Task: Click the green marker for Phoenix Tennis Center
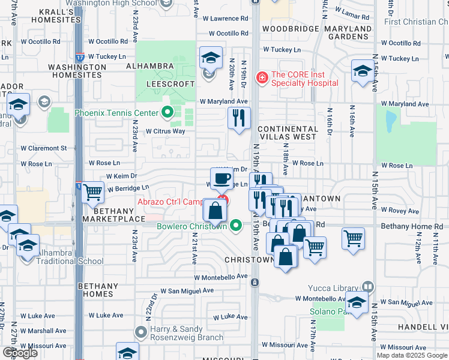[167, 112]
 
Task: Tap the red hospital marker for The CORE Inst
[262, 77]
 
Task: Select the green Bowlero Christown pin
[236, 226]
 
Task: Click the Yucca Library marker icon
[368, 287]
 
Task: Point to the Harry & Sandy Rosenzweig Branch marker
[142, 332]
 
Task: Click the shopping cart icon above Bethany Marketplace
[93, 193]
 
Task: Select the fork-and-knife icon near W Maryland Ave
[240, 118]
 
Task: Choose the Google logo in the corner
[20, 353]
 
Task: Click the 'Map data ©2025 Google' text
[412, 355]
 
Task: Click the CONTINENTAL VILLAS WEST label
[288, 133]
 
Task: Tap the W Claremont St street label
[43, 148]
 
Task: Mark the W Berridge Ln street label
[128, 188]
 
